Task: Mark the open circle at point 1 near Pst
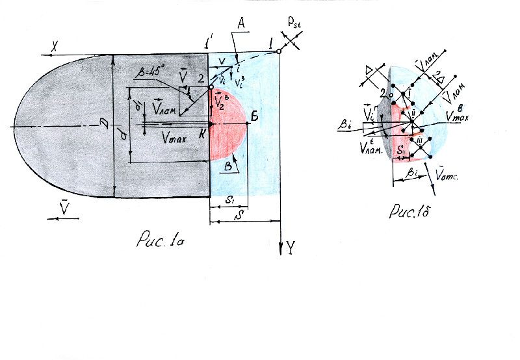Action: coord(278,51)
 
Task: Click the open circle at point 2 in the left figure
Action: coord(210,86)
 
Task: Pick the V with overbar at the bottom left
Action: coord(63,209)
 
